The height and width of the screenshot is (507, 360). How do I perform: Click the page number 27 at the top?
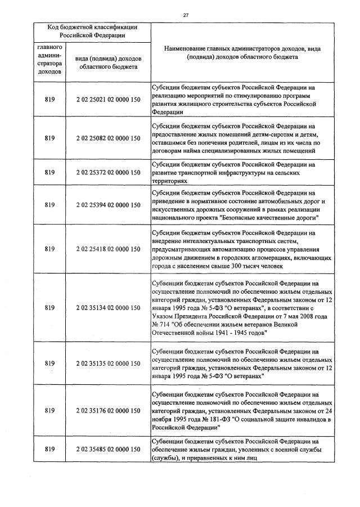point(186,15)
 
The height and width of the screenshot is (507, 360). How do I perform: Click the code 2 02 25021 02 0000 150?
point(108,100)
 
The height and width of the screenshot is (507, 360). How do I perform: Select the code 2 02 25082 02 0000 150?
point(108,138)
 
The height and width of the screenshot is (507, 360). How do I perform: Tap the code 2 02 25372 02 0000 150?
point(108,173)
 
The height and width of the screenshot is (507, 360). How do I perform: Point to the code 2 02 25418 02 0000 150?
point(108,248)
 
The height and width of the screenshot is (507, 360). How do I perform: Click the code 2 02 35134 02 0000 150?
point(108,308)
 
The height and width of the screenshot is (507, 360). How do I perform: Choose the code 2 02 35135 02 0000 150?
point(108,363)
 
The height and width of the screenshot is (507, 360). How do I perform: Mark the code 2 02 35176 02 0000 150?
point(108,411)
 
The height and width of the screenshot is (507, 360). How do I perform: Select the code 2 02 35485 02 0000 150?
point(108,449)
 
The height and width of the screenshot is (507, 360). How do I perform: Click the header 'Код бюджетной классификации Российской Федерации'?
point(93,31)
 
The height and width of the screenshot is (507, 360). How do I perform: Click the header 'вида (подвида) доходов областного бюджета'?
point(108,63)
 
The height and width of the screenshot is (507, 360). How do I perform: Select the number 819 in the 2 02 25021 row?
point(49,100)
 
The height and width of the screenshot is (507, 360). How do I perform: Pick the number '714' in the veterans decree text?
point(163,325)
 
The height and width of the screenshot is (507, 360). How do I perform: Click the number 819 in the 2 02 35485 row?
point(49,449)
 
